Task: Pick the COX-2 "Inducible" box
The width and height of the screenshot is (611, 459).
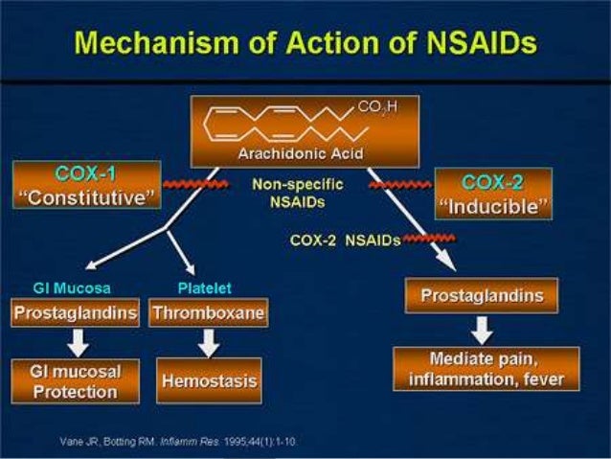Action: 492,194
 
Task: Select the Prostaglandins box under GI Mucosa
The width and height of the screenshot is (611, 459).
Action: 76,312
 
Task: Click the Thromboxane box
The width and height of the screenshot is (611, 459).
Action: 207,312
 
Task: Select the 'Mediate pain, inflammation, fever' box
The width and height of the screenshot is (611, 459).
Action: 487,369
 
